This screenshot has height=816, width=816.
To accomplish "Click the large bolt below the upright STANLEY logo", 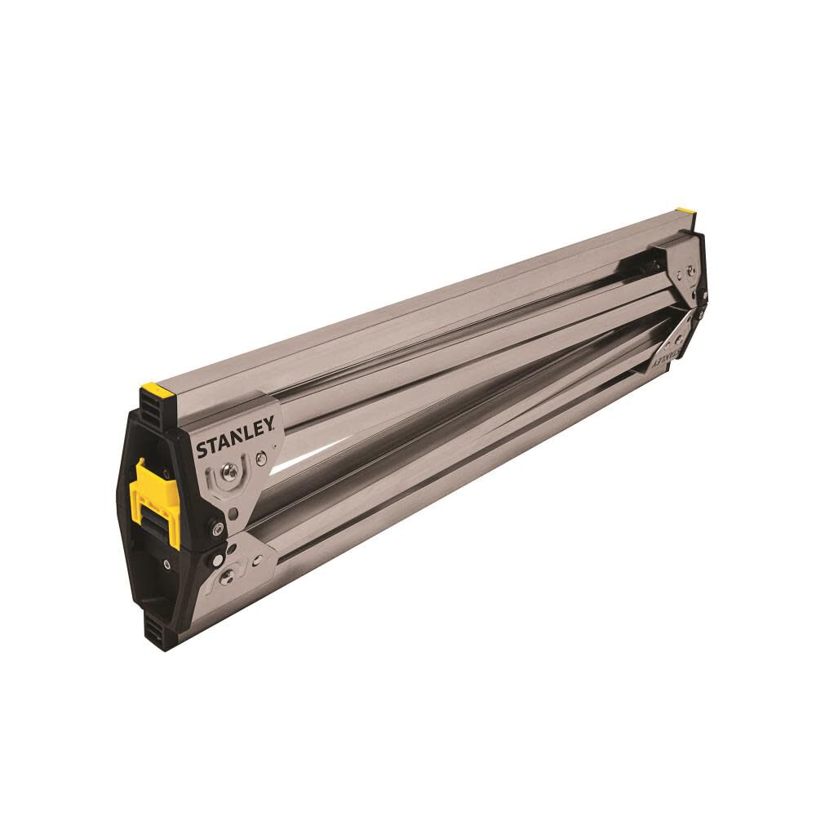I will [232, 472].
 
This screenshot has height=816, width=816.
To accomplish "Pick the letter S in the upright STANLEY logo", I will [201, 451].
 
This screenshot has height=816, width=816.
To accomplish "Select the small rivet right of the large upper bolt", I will [261, 459].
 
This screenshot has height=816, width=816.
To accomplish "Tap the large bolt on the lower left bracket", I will [228, 575].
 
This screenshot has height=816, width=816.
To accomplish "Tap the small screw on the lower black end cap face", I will [166, 564].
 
